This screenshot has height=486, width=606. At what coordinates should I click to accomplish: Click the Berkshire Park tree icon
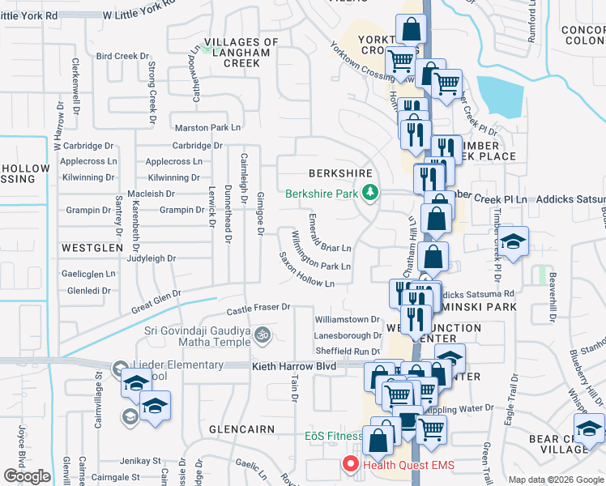coord(371,193)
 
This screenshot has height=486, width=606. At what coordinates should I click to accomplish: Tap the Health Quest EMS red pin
coord(352,464)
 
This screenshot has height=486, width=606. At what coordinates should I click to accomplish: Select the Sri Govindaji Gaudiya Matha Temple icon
coord(262,334)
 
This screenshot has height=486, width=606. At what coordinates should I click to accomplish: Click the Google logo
coord(27,475)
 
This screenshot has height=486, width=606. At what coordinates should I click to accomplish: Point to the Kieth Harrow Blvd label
coord(292,366)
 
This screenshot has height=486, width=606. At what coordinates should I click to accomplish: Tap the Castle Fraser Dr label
coord(258,308)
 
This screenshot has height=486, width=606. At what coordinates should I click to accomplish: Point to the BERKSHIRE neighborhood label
coord(340,173)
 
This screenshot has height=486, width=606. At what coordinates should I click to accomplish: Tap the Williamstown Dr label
coord(348,319)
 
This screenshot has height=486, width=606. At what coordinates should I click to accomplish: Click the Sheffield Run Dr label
coord(348,351)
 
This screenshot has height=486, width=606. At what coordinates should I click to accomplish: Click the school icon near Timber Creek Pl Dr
coord(513,241)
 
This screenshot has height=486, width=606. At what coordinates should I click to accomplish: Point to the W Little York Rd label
coord(139,15)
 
